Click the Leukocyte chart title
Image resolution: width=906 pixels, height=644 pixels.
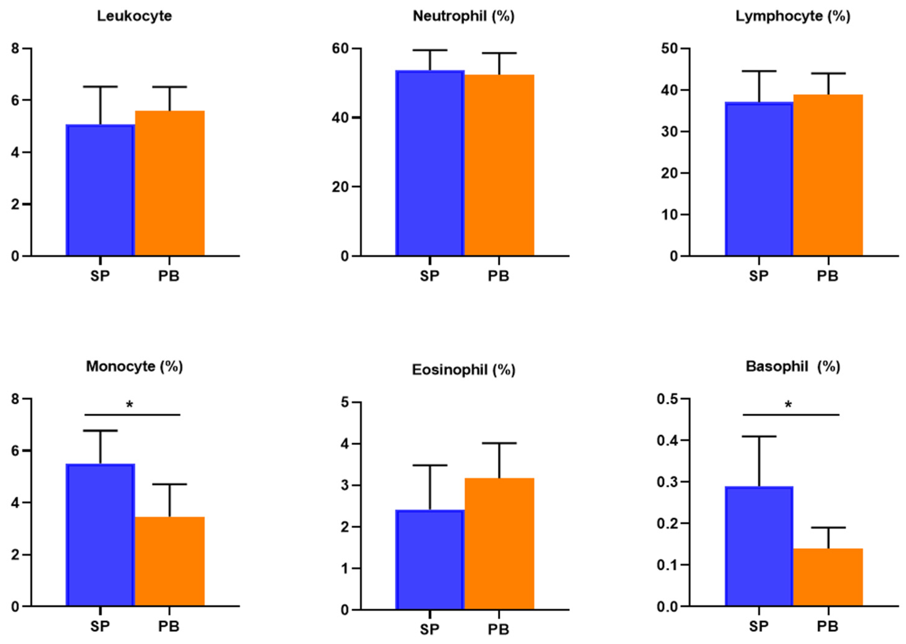[x=134, y=16]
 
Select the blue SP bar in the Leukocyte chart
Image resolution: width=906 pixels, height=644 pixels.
[x=100, y=190]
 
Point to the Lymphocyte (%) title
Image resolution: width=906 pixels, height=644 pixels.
[x=792, y=16]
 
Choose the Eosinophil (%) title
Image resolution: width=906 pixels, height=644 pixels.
[x=463, y=370]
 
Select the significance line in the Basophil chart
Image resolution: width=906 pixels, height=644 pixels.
[x=791, y=415]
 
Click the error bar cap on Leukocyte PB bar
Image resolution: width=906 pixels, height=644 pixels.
[x=170, y=87]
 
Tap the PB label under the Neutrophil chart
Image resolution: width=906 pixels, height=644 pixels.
[x=499, y=276]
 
